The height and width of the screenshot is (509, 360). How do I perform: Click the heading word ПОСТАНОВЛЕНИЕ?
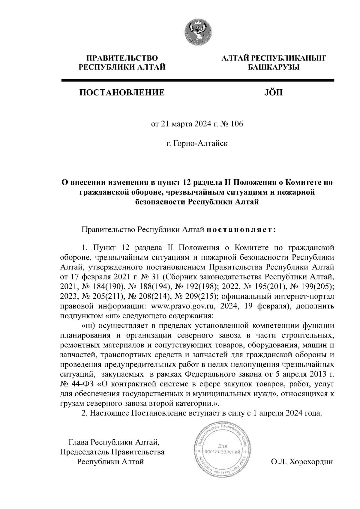pos(121,92)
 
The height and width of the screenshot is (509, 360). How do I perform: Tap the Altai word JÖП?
pos(273,92)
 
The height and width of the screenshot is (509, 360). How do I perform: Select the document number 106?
pos(237,124)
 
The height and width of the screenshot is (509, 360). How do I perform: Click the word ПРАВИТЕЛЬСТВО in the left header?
pos(122,58)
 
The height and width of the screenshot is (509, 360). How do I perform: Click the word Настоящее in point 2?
pos(109,413)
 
